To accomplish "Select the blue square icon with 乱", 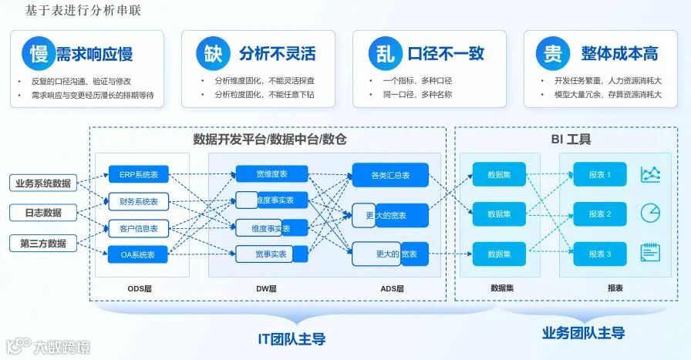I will point(384,53).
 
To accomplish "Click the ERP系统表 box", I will point(138,175).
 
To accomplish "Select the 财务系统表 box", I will point(138,202).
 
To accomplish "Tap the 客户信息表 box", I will point(138,228).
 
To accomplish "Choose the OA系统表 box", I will point(138,254).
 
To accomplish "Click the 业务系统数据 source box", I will point(43,183).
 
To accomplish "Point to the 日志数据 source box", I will point(43,213).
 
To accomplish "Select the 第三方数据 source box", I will point(43,244).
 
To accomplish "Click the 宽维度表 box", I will point(271,174).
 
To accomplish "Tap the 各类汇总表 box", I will point(389,175).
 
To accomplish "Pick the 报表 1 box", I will point(599,175).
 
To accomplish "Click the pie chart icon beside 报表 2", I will point(650,213).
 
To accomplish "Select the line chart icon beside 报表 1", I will point(650,175).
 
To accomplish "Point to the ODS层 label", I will point(140,288).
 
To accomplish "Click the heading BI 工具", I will point(571,140).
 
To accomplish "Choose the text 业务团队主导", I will point(583,333).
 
